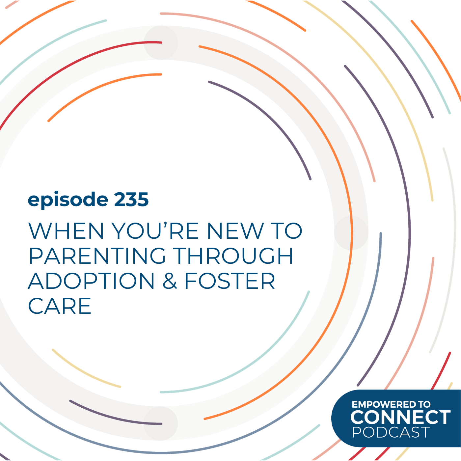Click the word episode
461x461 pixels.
click(x=68, y=200)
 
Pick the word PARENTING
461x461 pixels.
click(x=97, y=256)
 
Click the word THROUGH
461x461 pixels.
click(x=233, y=256)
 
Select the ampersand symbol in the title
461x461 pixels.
click(x=170, y=282)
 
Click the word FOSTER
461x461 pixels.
click(x=230, y=281)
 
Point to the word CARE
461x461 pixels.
click(x=60, y=306)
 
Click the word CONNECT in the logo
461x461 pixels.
click(x=400, y=418)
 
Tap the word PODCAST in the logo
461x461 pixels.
click(x=391, y=432)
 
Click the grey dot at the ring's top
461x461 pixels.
click(x=161, y=43)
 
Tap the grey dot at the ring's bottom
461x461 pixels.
click(x=161, y=423)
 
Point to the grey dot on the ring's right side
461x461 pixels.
click(x=351, y=233)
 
